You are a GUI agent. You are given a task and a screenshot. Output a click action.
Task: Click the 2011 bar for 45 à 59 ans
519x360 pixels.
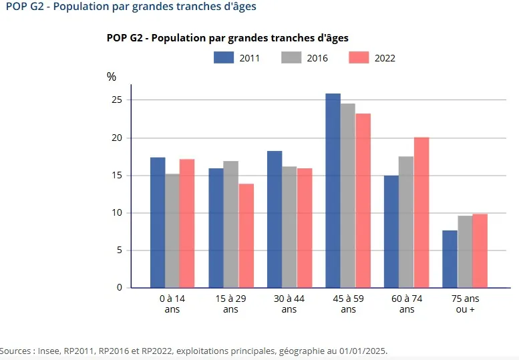[x=333, y=191]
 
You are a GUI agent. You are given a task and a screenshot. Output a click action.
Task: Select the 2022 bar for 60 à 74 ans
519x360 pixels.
[x=421, y=212]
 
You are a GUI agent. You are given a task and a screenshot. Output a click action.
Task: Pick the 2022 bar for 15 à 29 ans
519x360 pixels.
[x=246, y=236]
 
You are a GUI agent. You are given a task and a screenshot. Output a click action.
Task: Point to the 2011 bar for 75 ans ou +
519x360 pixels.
[x=450, y=259]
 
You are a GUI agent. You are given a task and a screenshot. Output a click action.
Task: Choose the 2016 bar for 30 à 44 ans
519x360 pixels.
[x=289, y=227]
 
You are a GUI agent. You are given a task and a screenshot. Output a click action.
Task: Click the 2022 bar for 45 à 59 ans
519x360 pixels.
[x=363, y=200]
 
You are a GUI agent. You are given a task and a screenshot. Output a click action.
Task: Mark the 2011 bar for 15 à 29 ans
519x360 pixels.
[x=216, y=228]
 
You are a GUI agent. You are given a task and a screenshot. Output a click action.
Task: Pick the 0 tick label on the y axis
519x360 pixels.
[x=120, y=288]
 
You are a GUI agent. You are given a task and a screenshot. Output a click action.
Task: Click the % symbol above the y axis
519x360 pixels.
[x=112, y=77]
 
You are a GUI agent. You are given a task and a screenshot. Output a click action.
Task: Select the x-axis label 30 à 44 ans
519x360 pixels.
[x=289, y=304]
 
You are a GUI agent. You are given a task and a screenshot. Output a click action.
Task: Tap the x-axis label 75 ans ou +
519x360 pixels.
[x=465, y=304]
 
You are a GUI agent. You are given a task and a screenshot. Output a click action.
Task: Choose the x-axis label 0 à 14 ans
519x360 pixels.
[x=172, y=304]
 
